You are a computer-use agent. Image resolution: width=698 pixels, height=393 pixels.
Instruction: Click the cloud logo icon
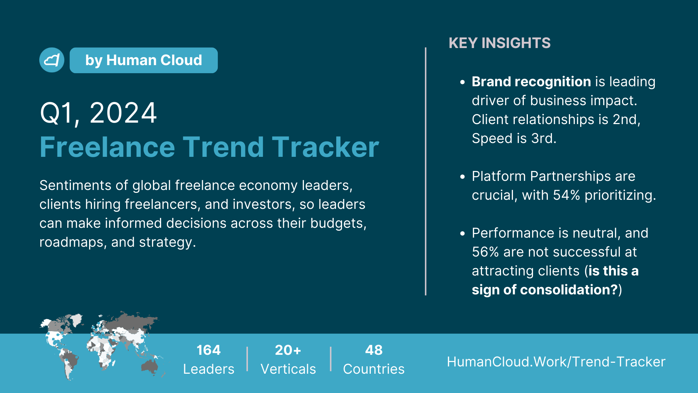point(52,60)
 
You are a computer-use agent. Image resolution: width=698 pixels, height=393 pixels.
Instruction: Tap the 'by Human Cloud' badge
point(144,60)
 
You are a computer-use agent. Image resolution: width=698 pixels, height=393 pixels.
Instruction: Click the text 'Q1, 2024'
point(98,113)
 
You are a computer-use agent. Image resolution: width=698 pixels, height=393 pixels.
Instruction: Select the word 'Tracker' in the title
point(325,147)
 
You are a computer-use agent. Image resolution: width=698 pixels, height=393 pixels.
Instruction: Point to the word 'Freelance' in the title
point(108,147)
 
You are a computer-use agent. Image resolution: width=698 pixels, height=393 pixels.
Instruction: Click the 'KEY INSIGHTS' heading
point(500,43)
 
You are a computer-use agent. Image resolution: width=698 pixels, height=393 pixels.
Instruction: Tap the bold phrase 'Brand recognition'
point(531,82)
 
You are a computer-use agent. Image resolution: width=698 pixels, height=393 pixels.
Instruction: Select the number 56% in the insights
point(485,252)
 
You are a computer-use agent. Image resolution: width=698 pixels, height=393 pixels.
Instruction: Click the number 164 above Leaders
point(209,350)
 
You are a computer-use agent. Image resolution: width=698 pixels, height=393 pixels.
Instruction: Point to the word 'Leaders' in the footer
point(209,369)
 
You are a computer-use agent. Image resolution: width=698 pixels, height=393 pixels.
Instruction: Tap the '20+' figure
point(288,350)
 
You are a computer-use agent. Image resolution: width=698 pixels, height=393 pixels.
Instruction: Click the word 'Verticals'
point(288,369)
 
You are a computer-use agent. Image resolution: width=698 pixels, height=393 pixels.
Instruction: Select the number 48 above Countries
point(374,350)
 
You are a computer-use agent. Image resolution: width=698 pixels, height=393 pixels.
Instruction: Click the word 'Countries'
point(374,369)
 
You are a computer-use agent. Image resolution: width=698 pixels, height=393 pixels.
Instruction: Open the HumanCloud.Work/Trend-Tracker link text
point(556,362)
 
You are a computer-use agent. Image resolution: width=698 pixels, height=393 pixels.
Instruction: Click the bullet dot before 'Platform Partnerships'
point(462,177)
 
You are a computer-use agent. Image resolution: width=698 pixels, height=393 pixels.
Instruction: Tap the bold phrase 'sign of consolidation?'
point(545,290)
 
